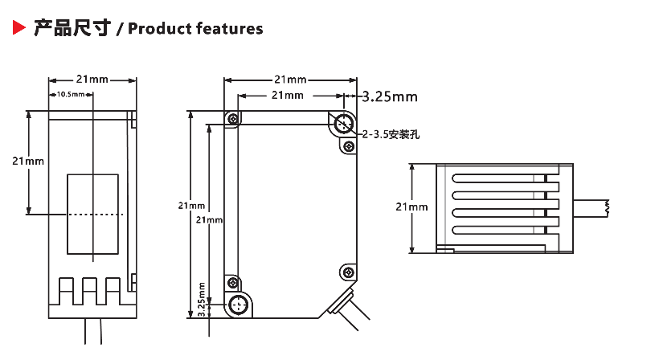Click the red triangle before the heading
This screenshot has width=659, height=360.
pos(18,29)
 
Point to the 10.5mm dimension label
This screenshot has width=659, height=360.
pos(72,95)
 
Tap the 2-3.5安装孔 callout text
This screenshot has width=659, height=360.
pos(391,134)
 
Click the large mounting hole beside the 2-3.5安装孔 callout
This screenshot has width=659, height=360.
pos(344,124)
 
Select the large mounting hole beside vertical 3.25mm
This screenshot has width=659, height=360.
pos(238,305)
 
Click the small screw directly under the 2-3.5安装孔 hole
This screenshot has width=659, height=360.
pos(348,146)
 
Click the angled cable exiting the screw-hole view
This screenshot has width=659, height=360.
pos(347,309)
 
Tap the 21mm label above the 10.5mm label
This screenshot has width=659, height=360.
pos(92,80)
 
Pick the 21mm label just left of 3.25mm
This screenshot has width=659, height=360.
pos(287,96)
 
